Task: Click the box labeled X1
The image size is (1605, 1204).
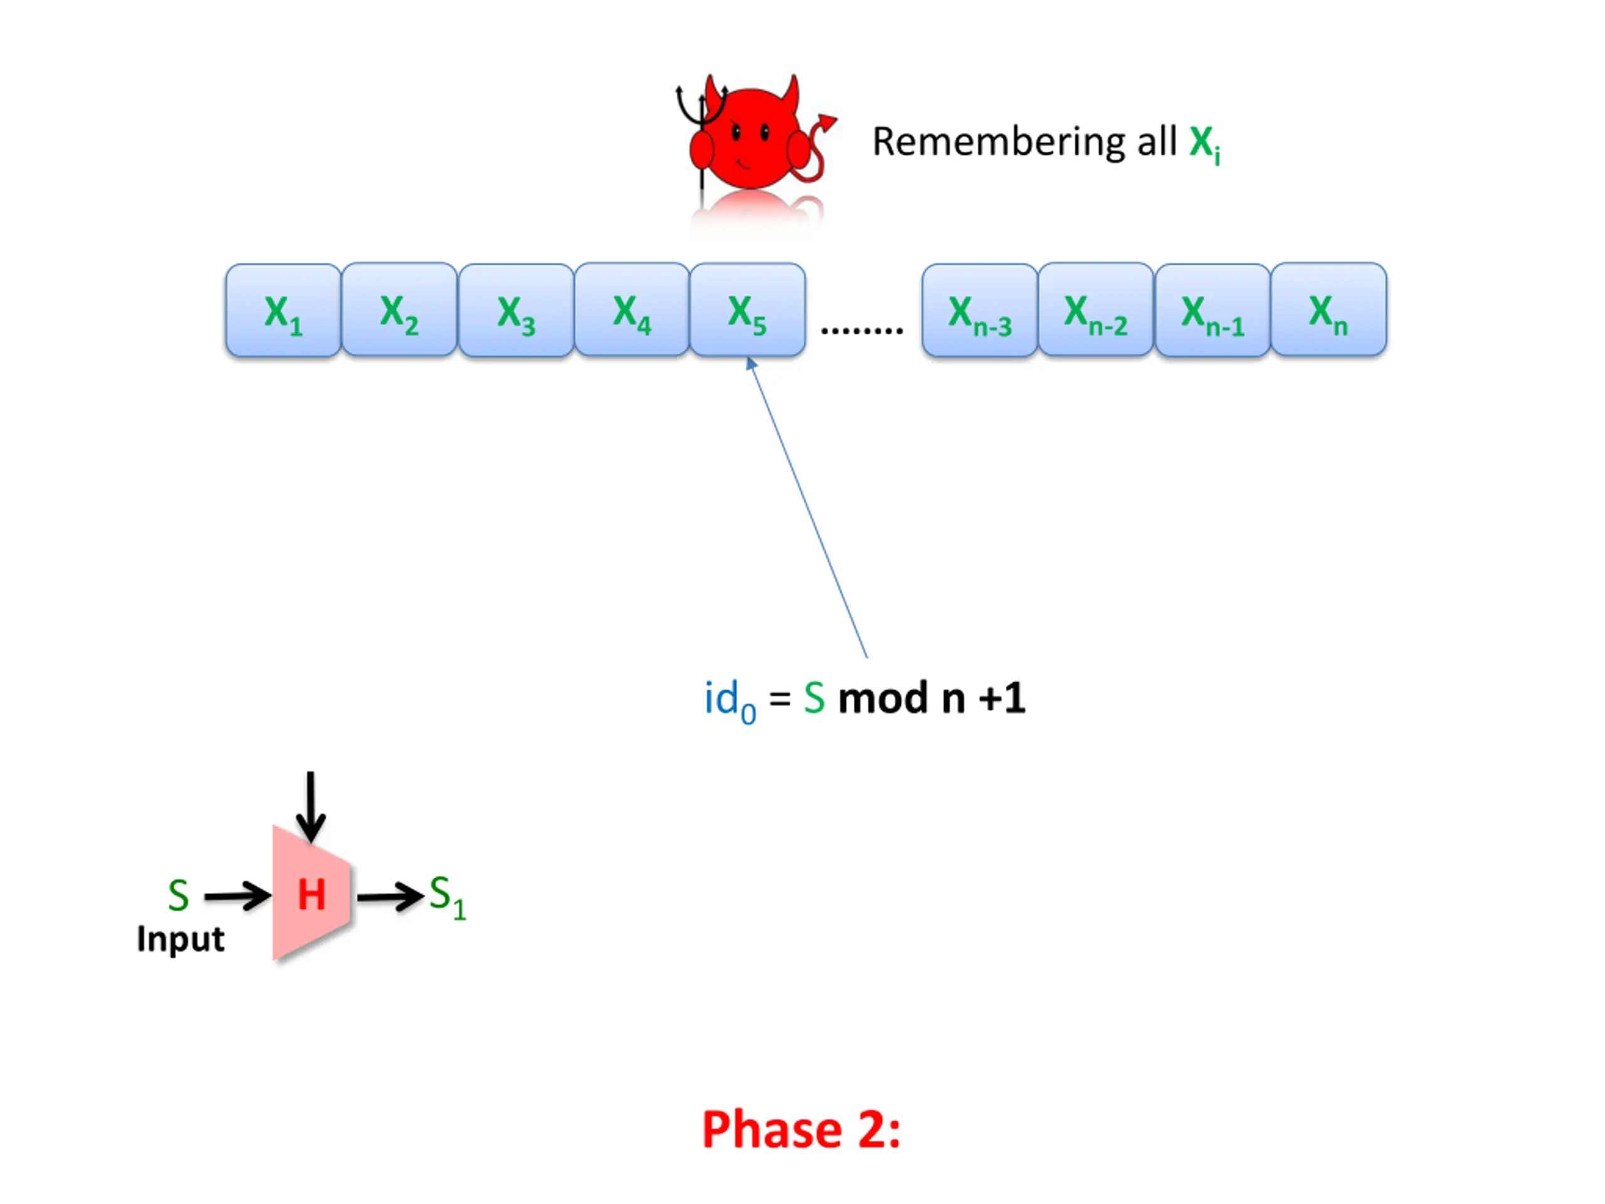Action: pos(283,310)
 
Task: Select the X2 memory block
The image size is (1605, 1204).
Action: pos(399,310)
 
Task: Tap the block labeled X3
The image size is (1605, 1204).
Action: pos(516,310)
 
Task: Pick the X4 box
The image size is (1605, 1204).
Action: pos(631,310)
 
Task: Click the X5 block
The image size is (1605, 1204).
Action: pos(747,310)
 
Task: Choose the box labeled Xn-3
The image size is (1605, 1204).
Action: pos(979,310)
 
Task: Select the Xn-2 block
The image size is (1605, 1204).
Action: pos(1096,310)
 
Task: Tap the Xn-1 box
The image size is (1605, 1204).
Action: pos(1213,310)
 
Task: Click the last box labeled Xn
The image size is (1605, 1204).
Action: pos(1329,310)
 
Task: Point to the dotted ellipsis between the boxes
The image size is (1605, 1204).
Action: pos(862,330)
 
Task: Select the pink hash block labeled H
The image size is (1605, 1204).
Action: pos(312,894)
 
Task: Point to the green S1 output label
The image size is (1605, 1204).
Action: pos(447,895)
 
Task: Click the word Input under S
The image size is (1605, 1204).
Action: pos(181,939)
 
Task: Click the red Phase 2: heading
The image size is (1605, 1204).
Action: pos(801,1130)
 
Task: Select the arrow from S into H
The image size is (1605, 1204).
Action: pos(236,896)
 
